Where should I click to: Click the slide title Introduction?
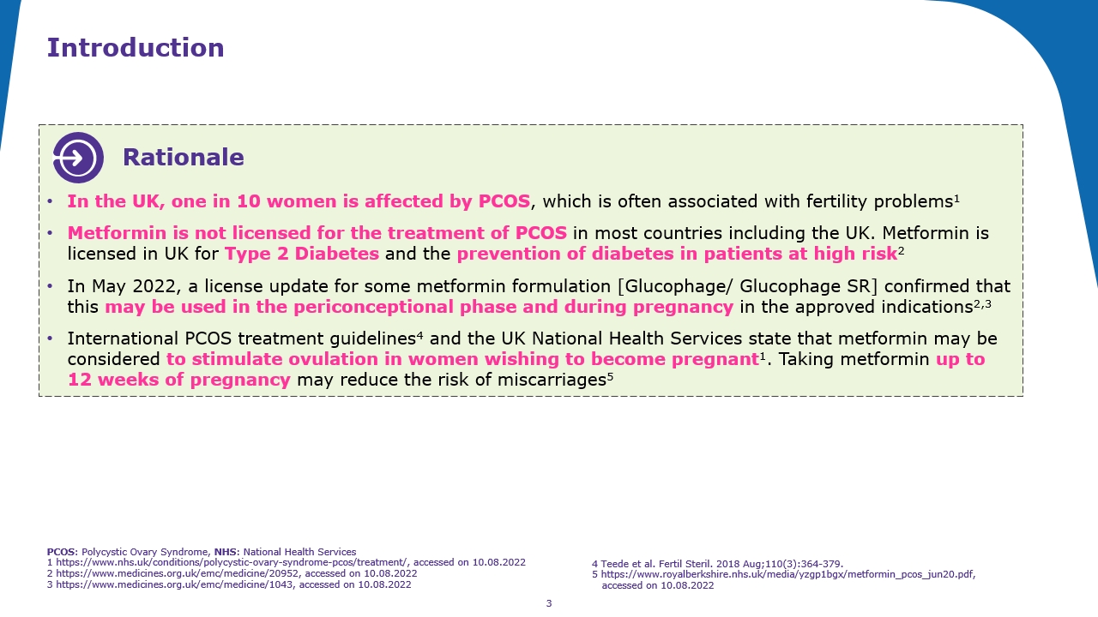[136, 48]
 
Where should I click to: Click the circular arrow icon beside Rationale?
[78, 158]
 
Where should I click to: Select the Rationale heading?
[183, 158]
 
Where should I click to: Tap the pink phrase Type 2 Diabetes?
[302, 254]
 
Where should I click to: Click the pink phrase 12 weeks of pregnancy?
[179, 380]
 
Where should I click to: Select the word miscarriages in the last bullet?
[549, 380]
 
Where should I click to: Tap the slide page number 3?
[549, 603]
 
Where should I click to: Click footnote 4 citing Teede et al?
[717, 564]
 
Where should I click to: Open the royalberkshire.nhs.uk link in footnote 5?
[787, 574]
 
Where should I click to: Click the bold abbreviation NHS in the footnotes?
[226, 552]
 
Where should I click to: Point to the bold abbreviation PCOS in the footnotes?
[62, 552]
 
